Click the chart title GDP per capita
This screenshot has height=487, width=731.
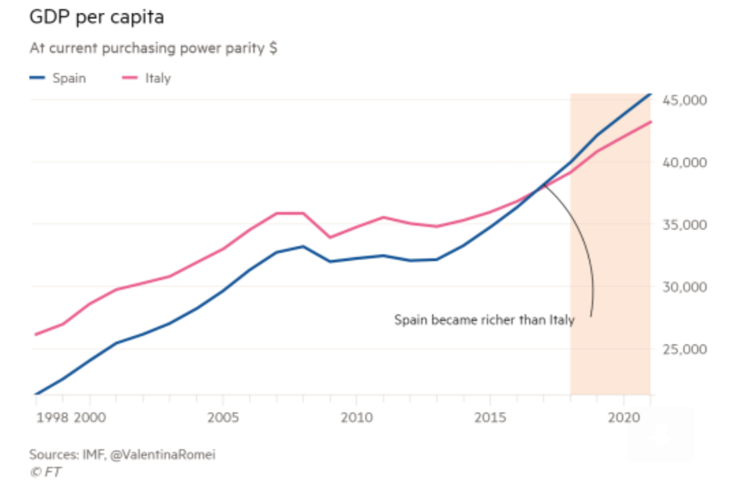pos(97,17)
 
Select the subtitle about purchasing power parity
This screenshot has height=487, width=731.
pos(153,48)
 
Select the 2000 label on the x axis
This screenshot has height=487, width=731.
pos(89,418)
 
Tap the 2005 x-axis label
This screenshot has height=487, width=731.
pos(223,418)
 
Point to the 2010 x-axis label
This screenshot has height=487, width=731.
pos(356,418)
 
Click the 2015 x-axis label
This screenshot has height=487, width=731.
pos(490,418)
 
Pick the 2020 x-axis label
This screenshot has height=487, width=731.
pos(623,418)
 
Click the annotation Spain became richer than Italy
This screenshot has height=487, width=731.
pos(484,320)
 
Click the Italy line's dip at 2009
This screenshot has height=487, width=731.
pos(330,237)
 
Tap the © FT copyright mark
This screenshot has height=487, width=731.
pos(46,472)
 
